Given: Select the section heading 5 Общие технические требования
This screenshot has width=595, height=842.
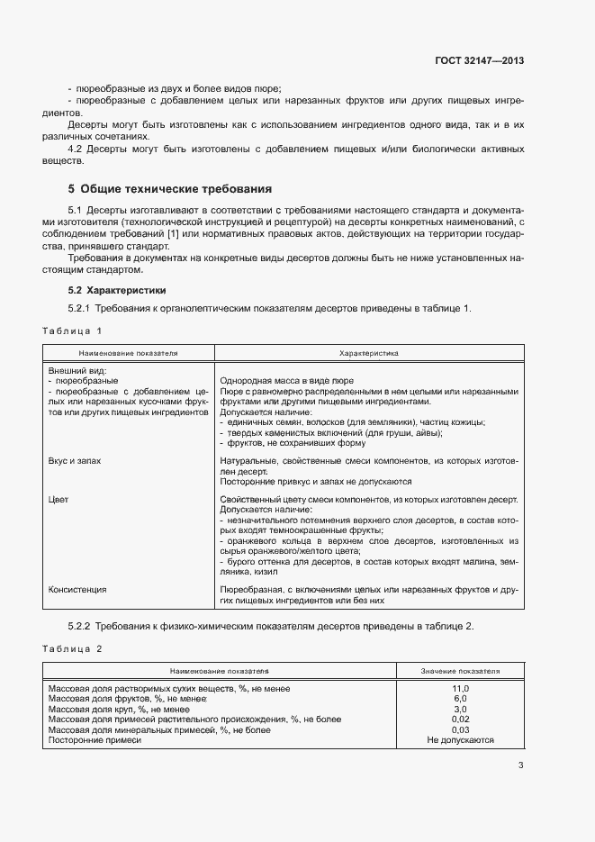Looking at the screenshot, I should tap(169, 189).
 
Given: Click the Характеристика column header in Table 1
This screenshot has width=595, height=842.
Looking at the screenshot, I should tap(368, 354).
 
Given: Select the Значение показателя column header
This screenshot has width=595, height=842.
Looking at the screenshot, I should tap(460, 672).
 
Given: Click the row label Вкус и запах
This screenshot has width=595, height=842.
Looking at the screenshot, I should tap(75, 460).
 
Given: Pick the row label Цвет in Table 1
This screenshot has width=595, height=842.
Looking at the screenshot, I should tap(58, 498).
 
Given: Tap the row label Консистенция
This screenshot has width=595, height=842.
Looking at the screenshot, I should tap(77, 589).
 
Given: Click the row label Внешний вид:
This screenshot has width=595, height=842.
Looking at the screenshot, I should tap(77, 370).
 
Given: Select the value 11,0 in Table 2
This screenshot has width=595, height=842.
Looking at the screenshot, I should tap(460, 688).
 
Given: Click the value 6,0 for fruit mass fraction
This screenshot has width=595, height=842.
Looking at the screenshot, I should tap(460, 699).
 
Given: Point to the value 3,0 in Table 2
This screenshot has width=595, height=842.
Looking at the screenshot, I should tap(460, 709).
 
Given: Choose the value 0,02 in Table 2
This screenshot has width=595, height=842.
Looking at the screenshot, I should tap(460, 720).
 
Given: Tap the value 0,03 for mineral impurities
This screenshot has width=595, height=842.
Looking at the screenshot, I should tap(460, 729).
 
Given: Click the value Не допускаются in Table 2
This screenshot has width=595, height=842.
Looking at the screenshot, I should tap(460, 740).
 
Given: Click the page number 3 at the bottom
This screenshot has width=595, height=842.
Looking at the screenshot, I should tap(520, 766).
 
